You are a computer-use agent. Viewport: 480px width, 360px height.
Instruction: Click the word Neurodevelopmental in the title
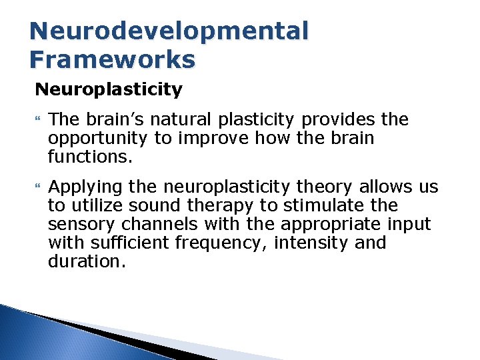tap(169, 31)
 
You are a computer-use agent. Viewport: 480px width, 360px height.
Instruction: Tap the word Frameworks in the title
tap(113, 59)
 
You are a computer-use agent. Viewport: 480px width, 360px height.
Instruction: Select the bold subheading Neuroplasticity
tap(108, 89)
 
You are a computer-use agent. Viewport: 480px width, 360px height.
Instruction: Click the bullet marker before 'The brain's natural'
tap(37, 120)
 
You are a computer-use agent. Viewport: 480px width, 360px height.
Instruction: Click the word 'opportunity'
tap(97, 139)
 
